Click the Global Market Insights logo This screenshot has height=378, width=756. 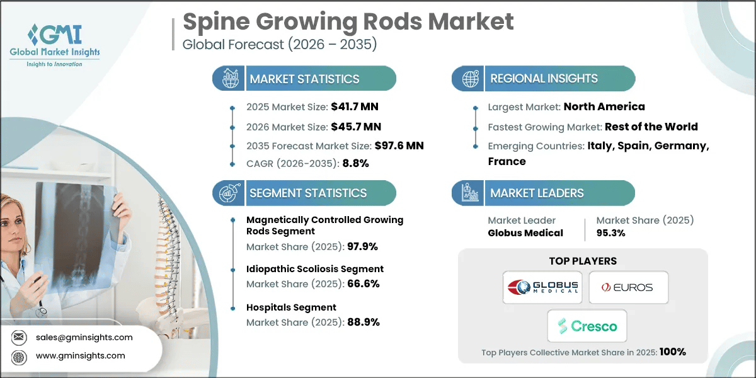tap(54, 44)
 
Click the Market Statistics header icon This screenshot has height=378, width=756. tap(230, 79)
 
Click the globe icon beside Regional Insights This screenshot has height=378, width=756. tap(469, 79)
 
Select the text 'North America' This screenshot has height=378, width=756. tap(604, 106)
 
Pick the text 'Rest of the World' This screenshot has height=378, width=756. tap(651, 127)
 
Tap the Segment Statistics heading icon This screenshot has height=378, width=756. tap(230, 193)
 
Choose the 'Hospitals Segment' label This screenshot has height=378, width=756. tap(291, 307)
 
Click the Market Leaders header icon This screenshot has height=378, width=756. tap(469, 193)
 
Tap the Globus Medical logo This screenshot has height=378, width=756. tap(542, 287)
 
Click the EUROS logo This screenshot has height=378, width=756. tap(628, 287)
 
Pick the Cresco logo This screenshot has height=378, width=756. tap(587, 326)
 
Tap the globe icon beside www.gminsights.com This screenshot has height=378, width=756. tap(20, 356)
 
